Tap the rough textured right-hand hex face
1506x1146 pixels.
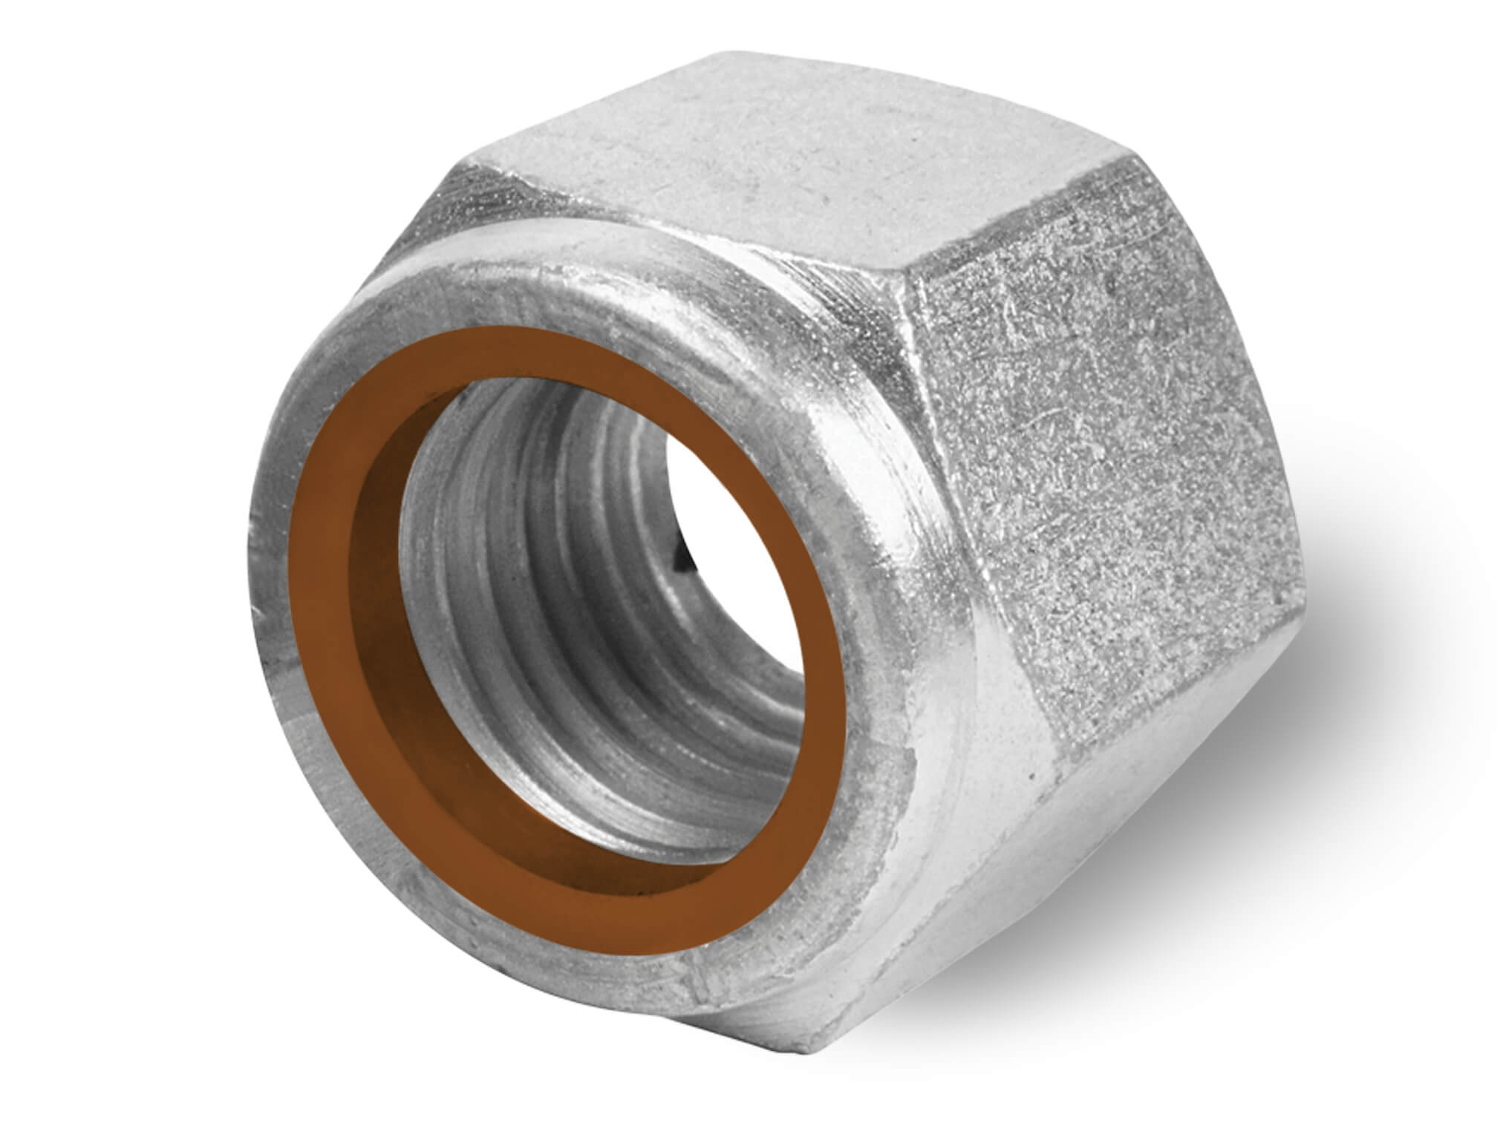coord(1114,475)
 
